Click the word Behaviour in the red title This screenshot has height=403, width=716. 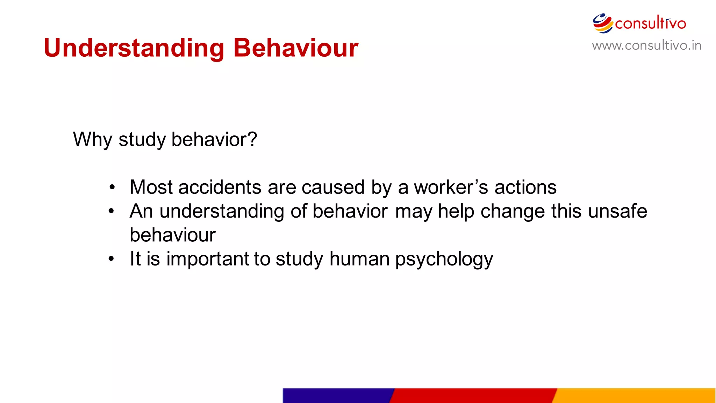[296, 48]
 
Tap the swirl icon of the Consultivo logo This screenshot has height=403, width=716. [602, 23]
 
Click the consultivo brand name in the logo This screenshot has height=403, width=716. [650, 24]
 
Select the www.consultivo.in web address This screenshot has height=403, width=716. [646, 46]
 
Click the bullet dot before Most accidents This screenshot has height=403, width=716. [112, 187]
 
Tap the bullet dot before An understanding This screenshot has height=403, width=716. [111, 211]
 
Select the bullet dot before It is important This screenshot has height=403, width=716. [111, 259]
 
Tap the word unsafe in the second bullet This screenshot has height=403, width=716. [617, 211]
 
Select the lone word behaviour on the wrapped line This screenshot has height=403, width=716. [173, 235]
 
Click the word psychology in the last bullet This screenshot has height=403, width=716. [444, 260]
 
